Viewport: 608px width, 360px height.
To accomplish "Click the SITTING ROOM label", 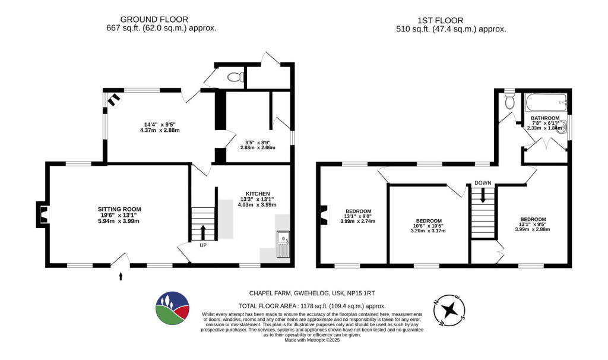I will (119, 209).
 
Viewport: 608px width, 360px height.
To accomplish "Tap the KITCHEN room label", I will (258, 194).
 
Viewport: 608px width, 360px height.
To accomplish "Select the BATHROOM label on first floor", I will (545, 118).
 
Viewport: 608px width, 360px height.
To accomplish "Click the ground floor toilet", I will (236, 77).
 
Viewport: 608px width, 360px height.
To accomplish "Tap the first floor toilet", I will (509, 101).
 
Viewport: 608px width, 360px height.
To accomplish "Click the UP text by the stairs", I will (202, 244).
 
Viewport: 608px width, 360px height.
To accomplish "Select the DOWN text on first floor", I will (483, 182).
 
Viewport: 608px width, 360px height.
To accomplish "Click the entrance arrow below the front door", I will (121, 276).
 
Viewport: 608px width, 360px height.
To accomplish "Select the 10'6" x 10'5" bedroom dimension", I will (428, 225).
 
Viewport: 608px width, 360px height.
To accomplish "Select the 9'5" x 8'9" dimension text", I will (258, 142).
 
